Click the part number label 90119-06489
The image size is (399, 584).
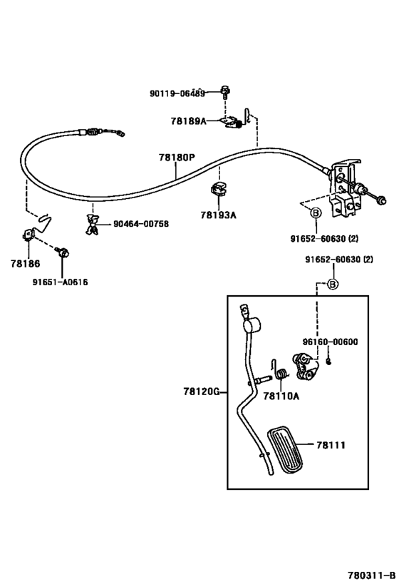click(177, 93)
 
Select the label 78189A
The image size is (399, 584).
click(188, 121)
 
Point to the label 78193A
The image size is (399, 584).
click(218, 214)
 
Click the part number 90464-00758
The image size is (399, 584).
click(141, 223)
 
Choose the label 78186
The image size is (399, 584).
click(26, 264)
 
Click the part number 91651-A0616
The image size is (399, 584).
click(61, 282)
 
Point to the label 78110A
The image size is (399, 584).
click(281, 396)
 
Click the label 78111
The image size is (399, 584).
click(331, 445)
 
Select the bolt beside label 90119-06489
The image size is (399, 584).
click(225, 91)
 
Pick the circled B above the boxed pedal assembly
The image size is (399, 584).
click(331, 284)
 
